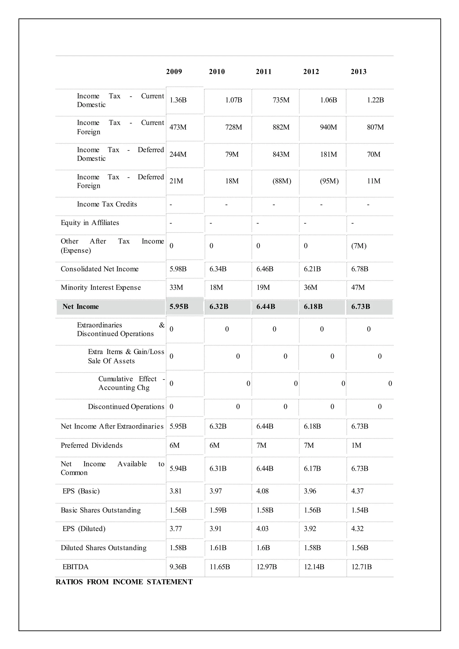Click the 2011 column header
[x=263, y=71]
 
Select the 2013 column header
[x=358, y=71]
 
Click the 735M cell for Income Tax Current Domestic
[x=281, y=100]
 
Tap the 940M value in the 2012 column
[x=328, y=127]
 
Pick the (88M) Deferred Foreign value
[x=282, y=181]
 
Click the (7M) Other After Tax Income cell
[x=359, y=246]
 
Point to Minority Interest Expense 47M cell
[x=358, y=288]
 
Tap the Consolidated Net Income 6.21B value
[x=312, y=269]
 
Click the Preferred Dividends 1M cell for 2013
[x=356, y=446]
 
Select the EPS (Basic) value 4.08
[x=262, y=491]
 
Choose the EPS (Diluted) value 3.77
[x=175, y=529]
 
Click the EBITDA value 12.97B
[x=266, y=567]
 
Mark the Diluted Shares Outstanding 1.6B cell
[x=263, y=548]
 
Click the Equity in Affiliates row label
[x=90, y=223]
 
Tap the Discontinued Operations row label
[x=126, y=407]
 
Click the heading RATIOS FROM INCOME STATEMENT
[x=124, y=582]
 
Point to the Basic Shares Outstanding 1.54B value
[x=359, y=510]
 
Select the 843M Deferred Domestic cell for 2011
[x=281, y=154]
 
